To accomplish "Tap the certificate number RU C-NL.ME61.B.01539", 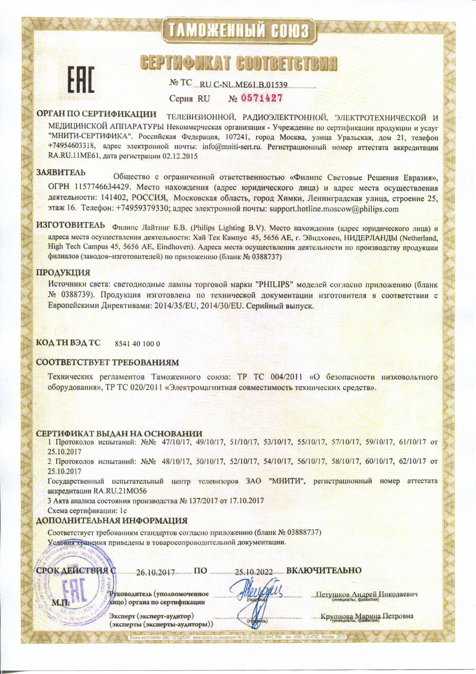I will click(243, 85).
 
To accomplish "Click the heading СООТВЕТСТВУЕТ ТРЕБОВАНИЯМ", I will click(107, 362).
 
